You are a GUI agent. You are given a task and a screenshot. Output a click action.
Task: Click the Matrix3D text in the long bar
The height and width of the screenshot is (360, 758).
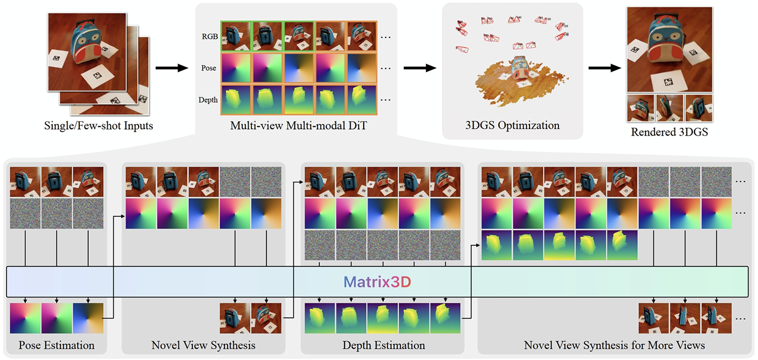pyautogui.click(x=378, y=282)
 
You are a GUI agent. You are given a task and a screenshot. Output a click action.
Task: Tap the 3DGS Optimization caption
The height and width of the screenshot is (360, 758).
pyautogui.click(x=513, y=126)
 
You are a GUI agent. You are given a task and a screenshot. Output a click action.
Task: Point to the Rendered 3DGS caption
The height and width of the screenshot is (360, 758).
pyautogui.click(x=670, y=132)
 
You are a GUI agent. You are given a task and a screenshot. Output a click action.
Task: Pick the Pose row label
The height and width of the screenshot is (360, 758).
pyautogui.click(x=209, y=68)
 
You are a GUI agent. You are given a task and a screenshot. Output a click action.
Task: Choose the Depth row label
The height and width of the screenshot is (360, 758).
pyautogui.click(x=208, y=100)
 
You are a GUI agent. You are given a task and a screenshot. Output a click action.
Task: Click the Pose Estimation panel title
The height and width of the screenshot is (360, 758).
pyautogui.click(x=56, y=345)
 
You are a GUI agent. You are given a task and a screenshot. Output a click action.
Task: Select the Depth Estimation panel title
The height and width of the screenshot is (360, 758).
pyautogui.click(x=384, y=345)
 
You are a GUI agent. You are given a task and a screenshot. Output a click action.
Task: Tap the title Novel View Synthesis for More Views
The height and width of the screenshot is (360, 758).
pyautogui.click(x=614, y=345)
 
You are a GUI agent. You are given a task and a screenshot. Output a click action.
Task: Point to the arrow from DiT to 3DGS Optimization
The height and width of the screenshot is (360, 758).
pyautogui.click(x=421, y=68)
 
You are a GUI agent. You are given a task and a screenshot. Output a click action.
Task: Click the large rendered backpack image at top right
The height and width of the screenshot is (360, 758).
pyautogui.click(x=670, y=49)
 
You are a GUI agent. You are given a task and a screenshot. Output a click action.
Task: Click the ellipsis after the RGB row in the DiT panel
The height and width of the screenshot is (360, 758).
pyautogui.click(x=386, y=37)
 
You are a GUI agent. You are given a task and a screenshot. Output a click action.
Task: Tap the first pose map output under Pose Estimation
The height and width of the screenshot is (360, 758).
pyautogui.click(x=25, y=319)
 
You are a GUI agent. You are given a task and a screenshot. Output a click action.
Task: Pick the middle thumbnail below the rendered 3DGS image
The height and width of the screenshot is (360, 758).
pyautogui.click(x=670, y=108)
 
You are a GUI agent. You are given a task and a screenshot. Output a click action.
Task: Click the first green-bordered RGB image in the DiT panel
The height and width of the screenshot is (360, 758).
pyautogui.click(x=236, y=36)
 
